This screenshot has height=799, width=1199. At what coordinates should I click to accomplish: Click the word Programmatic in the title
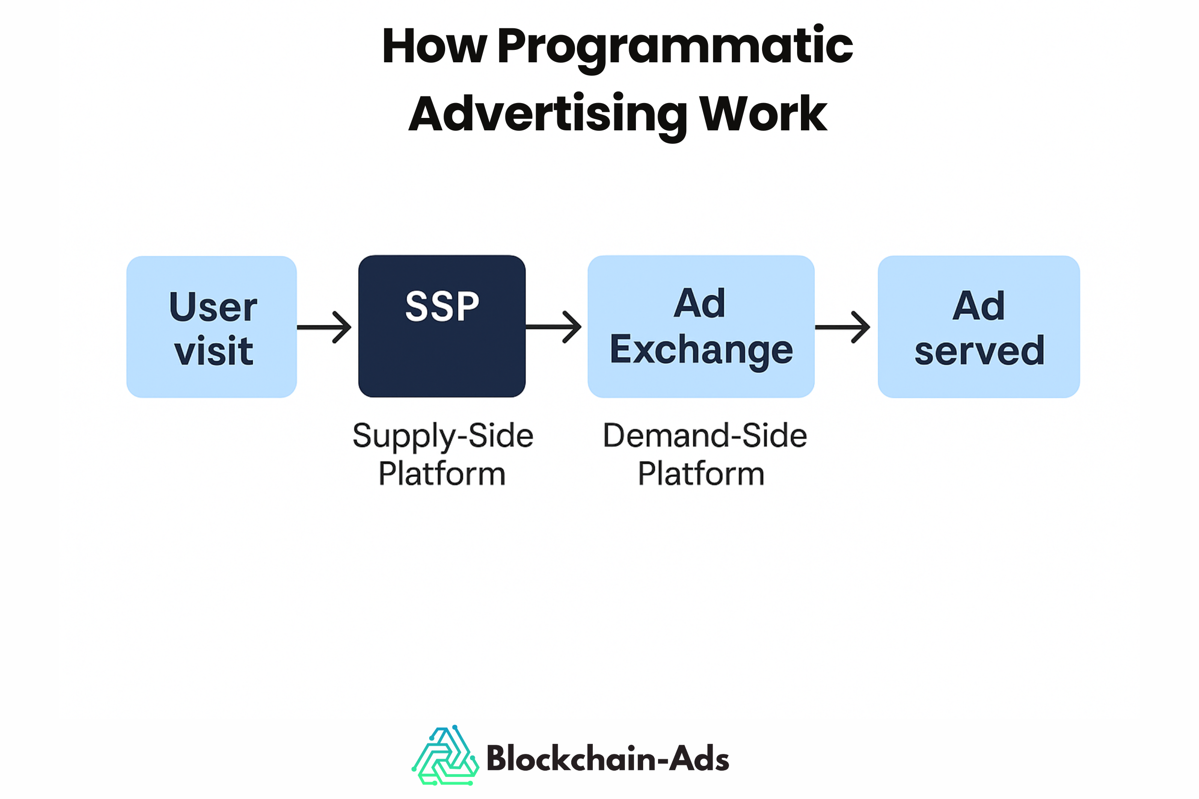pos(674,47)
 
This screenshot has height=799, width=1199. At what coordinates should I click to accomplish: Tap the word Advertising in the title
pos(548,115)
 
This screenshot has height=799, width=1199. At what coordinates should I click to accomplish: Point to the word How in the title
pos(434,47)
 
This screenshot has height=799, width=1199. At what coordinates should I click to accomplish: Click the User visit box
pos(212,326)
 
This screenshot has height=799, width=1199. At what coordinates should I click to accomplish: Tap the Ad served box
pos(978,326)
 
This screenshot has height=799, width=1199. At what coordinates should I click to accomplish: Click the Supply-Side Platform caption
pos(443,454)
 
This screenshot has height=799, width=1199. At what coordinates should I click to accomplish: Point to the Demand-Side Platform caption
pos(705,454)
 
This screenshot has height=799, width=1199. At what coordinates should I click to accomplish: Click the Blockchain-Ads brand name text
pos(608,759)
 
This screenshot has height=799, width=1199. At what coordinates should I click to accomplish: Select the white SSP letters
pos(442,306)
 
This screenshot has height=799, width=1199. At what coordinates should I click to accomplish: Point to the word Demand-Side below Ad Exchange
pos(705,436)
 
